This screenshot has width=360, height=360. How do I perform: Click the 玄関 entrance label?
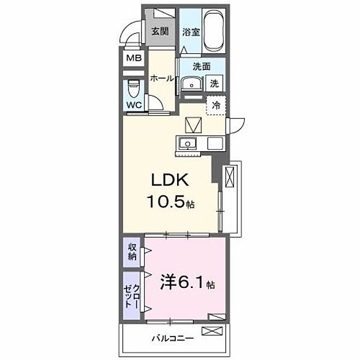click(x=160, y=31)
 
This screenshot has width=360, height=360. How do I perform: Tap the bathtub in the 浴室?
click(x=214, y=31)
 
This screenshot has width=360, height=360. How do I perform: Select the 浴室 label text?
click(x=191, y=32)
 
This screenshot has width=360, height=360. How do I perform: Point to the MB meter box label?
click(x=134, y=58)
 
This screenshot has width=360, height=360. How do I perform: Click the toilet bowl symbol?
click(x=133, y=89)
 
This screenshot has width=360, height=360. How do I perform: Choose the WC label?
click(x=134, y=105)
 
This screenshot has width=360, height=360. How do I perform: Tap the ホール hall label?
click(x=162, y=79)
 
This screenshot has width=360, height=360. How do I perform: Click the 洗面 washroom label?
click(x=202, y=67)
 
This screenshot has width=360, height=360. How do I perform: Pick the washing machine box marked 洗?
click(x=214, y=83)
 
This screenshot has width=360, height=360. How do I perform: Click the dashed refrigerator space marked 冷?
click(x=216, y=106)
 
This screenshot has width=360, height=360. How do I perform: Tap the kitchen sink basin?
click(x=188, y=143)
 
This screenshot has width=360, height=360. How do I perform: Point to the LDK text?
click(x=170, y=180)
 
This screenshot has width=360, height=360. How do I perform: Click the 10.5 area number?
click(x=166, y=202)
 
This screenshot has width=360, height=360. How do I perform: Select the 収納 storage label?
click(x=132, y=252)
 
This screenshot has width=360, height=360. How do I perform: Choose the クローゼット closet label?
click(x=132, y=296)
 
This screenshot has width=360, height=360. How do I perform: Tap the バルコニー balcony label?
click(x=173, y=338)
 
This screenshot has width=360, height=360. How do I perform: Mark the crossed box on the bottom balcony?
click(x=212, y=331)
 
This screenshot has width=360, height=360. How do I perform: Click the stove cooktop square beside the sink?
click(x=215, y=143)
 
